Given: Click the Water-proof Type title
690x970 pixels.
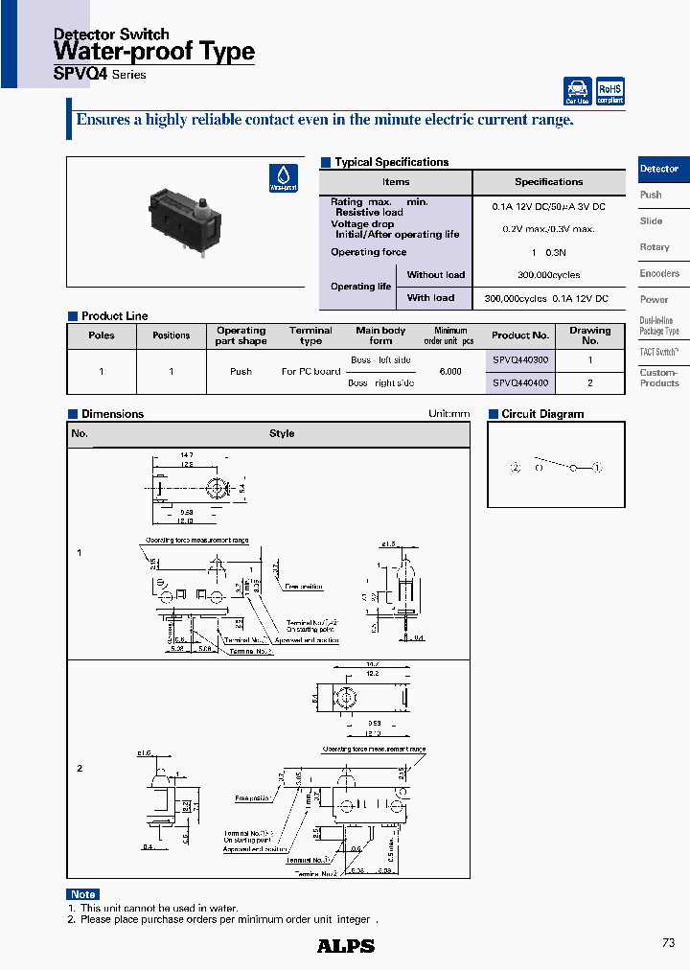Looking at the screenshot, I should pos(153,52).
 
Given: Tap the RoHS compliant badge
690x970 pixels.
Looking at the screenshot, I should pos(609,91).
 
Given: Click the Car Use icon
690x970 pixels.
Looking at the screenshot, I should pos(577,91).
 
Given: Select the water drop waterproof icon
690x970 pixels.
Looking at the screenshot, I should pos(284,178).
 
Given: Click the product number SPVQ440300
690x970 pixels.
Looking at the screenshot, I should pos(520,360).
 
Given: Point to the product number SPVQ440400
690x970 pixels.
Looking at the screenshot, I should pos(520,382).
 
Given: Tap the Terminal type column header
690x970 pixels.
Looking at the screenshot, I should pos(310,335).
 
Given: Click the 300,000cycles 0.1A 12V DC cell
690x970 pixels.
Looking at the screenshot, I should pos(546,299).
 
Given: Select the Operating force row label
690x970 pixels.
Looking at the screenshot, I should pos(369,252).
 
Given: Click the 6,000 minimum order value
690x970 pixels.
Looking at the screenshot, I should pos(449,372).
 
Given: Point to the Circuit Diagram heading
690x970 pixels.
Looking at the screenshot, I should pos(542,414).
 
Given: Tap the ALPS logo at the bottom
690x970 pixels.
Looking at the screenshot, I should pos(346,946).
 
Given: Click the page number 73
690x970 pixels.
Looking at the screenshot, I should pos(668,943).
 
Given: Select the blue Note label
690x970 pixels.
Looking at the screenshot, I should pos(83,894).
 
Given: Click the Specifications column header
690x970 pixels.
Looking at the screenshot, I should pos(548,182).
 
